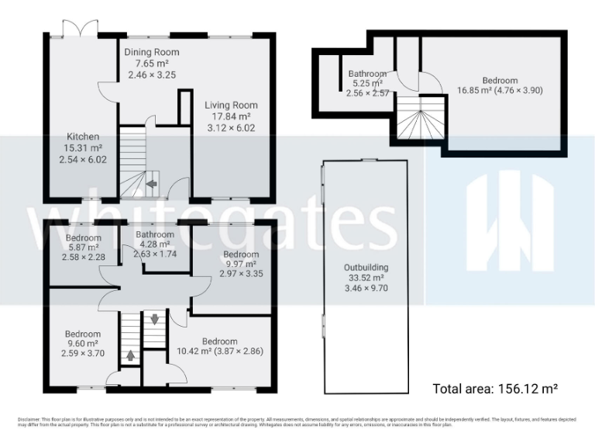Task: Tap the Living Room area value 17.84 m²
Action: [231, 116]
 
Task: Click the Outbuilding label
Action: [366, 268]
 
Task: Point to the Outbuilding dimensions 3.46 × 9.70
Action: [366, 288]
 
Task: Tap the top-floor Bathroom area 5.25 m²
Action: [367, 84]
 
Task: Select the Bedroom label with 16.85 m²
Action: [500, 80]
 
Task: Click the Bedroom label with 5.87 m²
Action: [84, 237]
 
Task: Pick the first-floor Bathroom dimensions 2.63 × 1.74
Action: [157, 253]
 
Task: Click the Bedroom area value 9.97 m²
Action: [240, 265]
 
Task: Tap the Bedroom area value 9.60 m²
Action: [82, 344]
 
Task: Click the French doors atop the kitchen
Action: [80, 27]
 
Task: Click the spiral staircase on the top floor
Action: [421, 122]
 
